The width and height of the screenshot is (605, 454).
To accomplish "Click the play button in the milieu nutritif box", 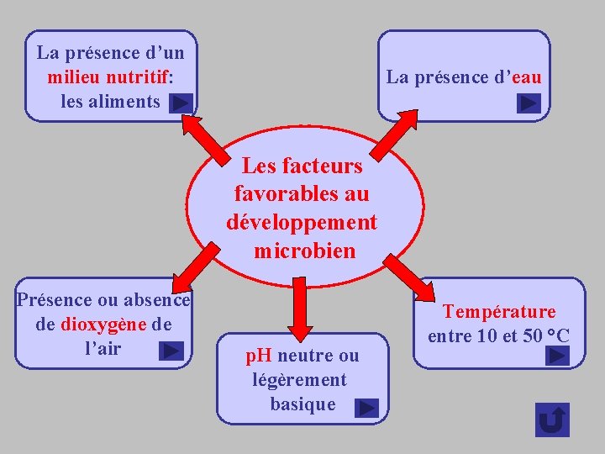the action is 181,103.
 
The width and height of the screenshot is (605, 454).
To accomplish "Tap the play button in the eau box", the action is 529,103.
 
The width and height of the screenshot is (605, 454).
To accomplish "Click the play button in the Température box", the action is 556,356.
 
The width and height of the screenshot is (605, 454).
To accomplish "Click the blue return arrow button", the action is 552,420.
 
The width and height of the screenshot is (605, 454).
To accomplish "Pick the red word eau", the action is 527,77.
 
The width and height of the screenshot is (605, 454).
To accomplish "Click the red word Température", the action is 499,312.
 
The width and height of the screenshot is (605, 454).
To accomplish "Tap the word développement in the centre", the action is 302,223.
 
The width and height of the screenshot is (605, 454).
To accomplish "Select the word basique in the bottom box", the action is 302,404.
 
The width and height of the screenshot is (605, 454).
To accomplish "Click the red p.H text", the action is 259,356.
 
